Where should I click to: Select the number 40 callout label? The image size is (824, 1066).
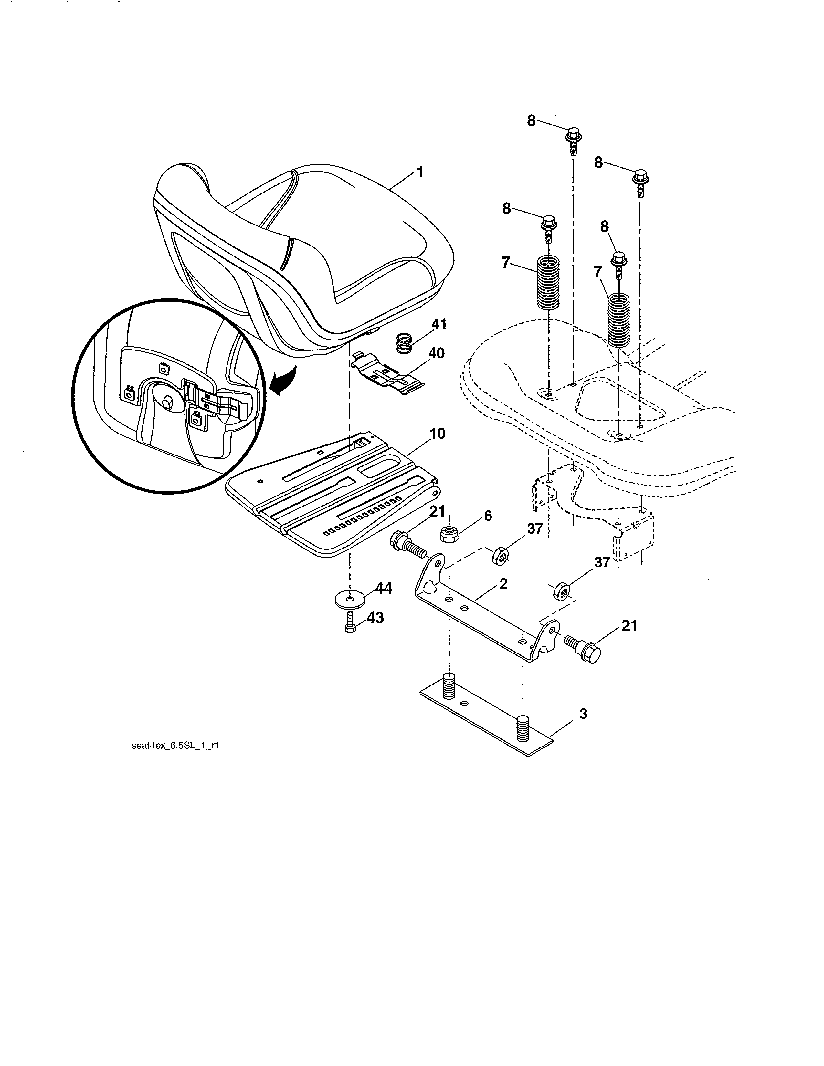(437, 353)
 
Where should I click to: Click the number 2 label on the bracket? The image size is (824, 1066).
(503, 584)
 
